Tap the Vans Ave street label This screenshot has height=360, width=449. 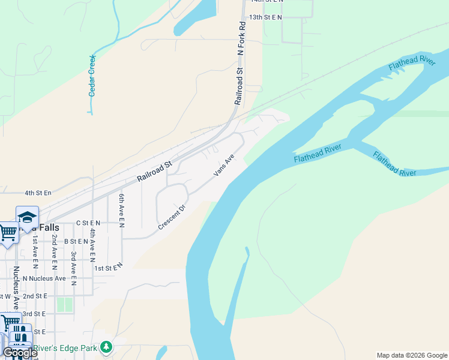point(223,166)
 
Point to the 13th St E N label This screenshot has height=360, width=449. point(265,17)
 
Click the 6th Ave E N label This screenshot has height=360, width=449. point(121,211)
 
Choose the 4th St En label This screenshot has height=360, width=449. point(38,193)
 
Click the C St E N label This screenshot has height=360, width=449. point(88,222)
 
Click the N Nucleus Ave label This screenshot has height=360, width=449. point(44,278)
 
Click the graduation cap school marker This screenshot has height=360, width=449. point(27,217)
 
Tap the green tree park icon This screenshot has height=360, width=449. point(106,347)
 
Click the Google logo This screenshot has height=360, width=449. point(20,353)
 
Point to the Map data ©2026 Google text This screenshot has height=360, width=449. point(412,355)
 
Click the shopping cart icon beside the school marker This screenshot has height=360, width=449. point(8,232)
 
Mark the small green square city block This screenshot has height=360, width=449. point(64,304)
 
